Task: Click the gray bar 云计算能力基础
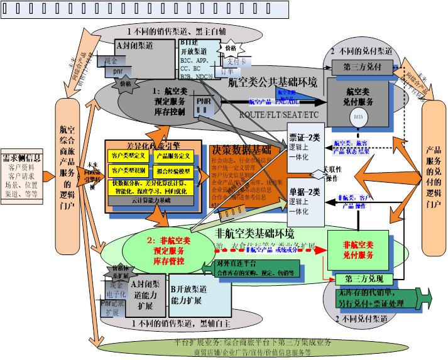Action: tap(151, 200)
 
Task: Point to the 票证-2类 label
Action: tap(304, 138)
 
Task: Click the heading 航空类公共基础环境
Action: tap(272, 82)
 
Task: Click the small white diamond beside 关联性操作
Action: tap(319, 173)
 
